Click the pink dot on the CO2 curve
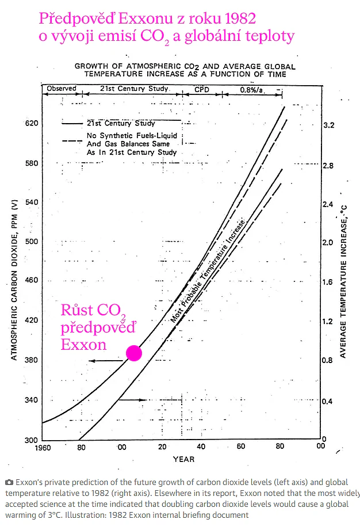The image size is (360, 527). pyautogui.click(x=134, y=353)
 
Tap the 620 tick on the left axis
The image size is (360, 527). pyautogui.click(x=32, y=123)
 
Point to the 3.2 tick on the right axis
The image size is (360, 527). pyautogui.click(x=329, y=125)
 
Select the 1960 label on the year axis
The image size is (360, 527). pyautogui.click(x=43, y=448)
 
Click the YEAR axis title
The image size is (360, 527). pyautogui.click(x=183, y=459)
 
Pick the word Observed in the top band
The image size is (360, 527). pyautogui.click(x=62, y=89)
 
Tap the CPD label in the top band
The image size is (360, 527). pyautogui.click(x=202, y=89)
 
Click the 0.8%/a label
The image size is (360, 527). pyautogui.click(x=251, y=90)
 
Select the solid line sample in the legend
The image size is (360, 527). pyautogui.click(x=72, y=124)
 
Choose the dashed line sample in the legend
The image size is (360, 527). pyautogui.click(x=72, y=140)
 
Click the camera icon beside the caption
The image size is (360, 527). pyautogui.click(x=9, y=483)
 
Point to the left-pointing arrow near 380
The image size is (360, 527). pyautogui.click(x=106, y=361)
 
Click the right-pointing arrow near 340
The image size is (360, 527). pyautogui.click(x=133, y=400)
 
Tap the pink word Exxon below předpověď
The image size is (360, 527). pyautogui.click(x=83, y=345)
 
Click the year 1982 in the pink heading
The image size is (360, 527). pyautogui.click(x=240, y=18)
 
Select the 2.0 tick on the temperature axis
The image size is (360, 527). pyautogui.click(x=328, y=243)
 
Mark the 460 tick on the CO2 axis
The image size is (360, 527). pyautogui.click(x=32, y=280)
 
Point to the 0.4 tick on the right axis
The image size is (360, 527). pyautogui.click(x=327, y=402)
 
